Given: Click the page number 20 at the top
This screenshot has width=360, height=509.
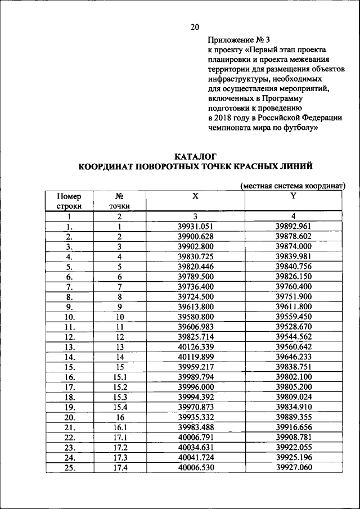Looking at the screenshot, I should tap(195, 26).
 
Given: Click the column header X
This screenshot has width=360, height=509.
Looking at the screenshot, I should tap(195, 196).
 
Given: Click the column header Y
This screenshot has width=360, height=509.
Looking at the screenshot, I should tap(293, 196).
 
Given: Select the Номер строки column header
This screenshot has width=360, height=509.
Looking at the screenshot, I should tap(69, 201).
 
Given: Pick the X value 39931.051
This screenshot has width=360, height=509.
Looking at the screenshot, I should tap(195, 227).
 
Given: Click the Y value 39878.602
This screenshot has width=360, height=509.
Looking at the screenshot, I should tap(293, 237).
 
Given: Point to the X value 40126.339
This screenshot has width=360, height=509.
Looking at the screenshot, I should tap(195, 347).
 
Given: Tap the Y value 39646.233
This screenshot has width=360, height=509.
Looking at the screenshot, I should tap(293, 357).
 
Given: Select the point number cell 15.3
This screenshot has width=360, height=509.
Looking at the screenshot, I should tap(119, 397).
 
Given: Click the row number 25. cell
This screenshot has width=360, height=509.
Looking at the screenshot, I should tap(69, 467).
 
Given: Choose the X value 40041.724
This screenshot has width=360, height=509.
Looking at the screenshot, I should tap(195, 457).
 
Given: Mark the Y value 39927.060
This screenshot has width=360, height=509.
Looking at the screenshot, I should tap(293, 467).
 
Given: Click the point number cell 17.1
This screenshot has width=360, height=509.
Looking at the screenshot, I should tap(119, 437).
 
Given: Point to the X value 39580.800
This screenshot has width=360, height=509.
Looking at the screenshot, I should tap(195, 317).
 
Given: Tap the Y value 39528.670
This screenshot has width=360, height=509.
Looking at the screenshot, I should tap(293, 327).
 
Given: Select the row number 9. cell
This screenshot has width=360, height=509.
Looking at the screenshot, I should tap(69, 307).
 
